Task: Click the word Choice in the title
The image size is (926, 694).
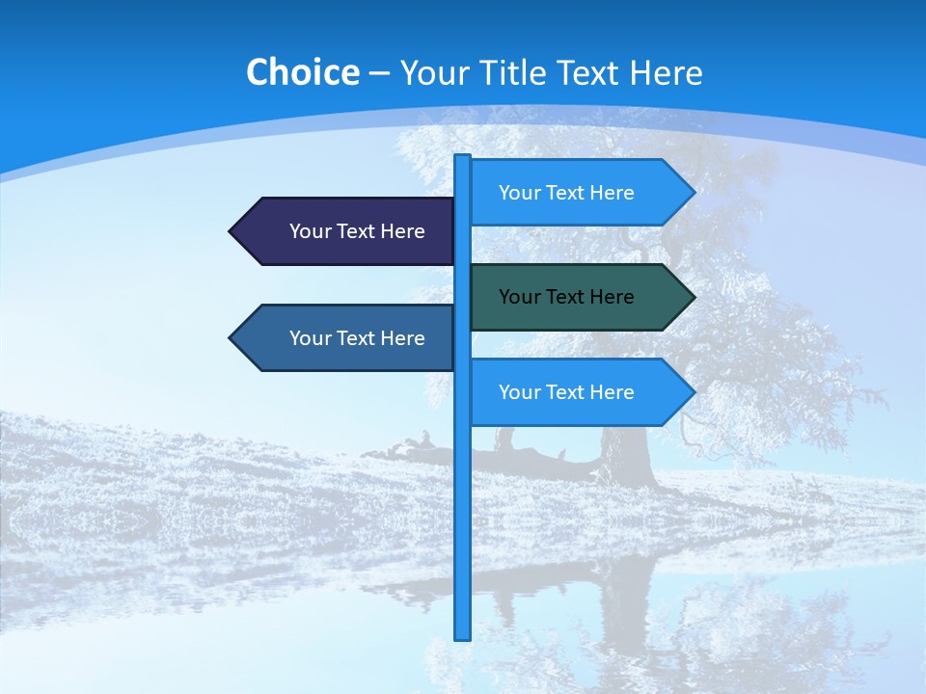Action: [302, 73]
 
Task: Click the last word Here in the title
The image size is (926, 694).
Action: [666, 73]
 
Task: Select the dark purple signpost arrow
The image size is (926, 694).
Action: [347, 231]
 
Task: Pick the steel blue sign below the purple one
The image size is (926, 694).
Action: [347, 338]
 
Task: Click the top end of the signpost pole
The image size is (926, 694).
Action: [463, 158]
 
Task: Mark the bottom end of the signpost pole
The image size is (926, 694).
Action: [463, 636]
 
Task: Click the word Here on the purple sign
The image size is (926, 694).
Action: [402, 231]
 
